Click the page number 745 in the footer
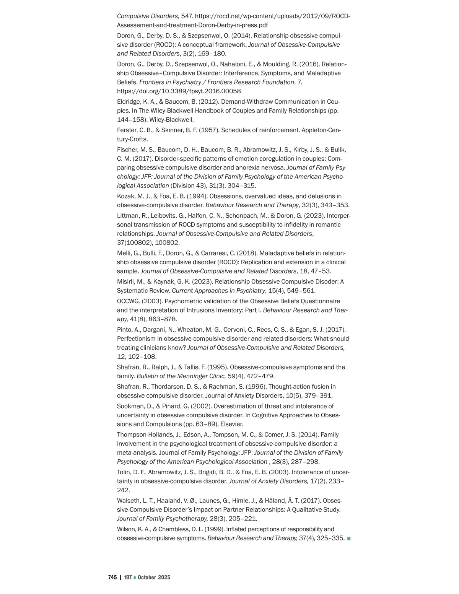click(x=112, y=577)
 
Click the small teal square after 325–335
click(x=348, y=539)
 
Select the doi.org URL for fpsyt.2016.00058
click(x=179, y=91)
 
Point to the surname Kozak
click(x=126, y=196)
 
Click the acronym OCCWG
click(x=128, y=301)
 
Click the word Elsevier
click(x=232, y=424)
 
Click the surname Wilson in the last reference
click(x=126, y=529)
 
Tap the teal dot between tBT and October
click(x=135, y=577)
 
